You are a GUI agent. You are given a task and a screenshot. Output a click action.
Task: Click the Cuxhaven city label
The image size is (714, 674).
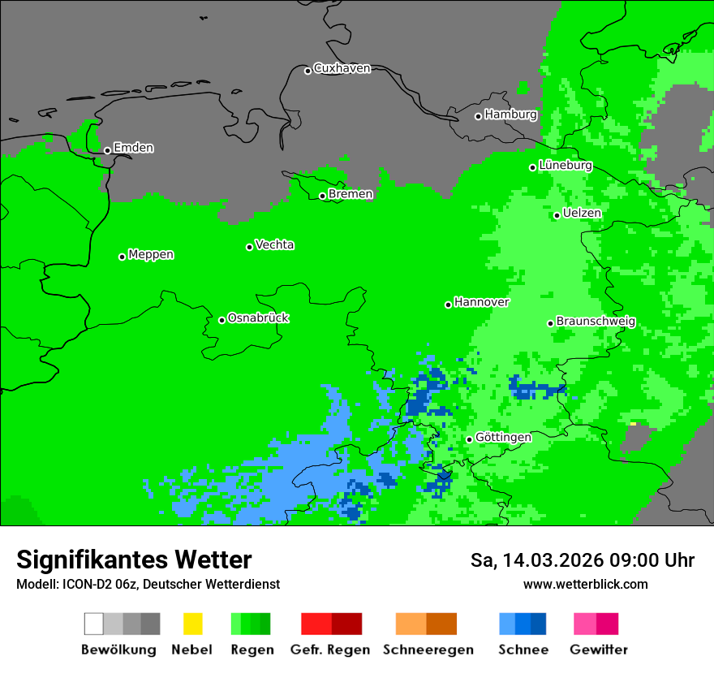tap(342, 68)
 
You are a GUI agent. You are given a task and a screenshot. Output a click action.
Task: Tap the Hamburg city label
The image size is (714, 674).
tap(510, 114)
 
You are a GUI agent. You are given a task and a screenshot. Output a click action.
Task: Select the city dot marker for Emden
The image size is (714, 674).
tap(107, 150)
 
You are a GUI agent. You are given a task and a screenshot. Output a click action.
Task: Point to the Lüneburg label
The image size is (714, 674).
tap(566, 165)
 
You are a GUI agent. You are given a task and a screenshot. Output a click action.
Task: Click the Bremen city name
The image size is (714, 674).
tap(351, 194)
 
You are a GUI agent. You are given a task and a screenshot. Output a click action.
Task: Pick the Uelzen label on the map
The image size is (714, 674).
tap(582, 213)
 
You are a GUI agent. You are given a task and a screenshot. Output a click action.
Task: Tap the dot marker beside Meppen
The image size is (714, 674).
tap(122, 257)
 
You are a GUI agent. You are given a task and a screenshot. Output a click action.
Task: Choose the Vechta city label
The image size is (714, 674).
tap(274, 244)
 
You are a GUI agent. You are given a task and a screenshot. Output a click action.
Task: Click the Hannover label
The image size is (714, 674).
tap(481, 302)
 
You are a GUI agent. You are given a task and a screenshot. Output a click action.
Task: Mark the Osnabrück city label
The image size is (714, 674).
tap(258, 318)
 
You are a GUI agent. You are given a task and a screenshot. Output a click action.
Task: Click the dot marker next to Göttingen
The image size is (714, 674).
tap(469, 439)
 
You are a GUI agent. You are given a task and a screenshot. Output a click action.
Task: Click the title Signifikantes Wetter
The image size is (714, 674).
tap(134, 560)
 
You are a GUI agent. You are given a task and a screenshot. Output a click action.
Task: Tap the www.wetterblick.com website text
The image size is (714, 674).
tap(585, 584)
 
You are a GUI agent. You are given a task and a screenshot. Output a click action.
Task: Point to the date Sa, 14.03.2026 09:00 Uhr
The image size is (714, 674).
tap(583, 560)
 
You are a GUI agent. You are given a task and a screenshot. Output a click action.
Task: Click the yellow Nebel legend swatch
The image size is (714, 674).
tap(192, 624)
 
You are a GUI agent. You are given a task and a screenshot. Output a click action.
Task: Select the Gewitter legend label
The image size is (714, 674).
tap(598, 650)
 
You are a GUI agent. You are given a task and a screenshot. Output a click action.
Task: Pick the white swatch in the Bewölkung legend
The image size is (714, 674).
tap(94, 624)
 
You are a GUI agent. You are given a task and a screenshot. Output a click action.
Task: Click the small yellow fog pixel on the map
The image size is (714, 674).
tap(633, 423)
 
